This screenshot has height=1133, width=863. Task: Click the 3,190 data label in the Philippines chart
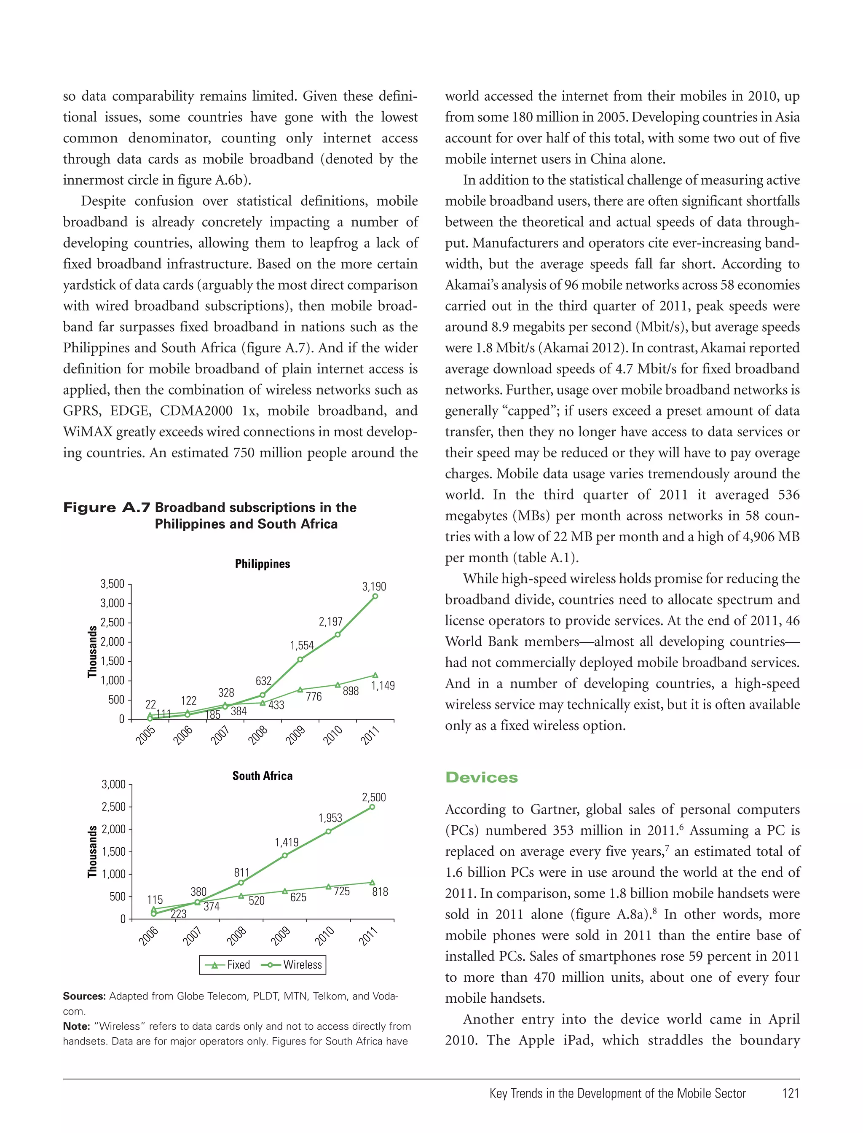pyautogui.click(x=374, y=586)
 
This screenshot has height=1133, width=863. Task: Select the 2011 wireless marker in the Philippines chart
pyautogui.click(x=375, y=596)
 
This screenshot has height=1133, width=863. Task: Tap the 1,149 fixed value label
pyautogui.click(x=383, y=685)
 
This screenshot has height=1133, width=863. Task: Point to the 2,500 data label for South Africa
pyautogui.click(x=373, y=797)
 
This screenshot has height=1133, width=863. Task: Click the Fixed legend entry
pyautogui.click(x=228, y=964)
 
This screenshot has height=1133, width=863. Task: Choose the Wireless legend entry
pyautogui.click(x=293, y=964)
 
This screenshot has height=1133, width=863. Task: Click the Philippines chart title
pyautogui.click(x=263, y=564)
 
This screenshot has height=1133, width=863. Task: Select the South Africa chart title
pyautogui.click(x=262, y=776)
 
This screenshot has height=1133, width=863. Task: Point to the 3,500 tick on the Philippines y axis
pyautogui.click(x=112, y=584)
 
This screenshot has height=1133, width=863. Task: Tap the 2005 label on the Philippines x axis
pyautogui.click(x=145, y=735)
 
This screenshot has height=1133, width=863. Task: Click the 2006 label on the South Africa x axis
pyautogui.click(x=148, y=936)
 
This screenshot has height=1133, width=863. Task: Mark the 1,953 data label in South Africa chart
pyautogui.click(x=330, y=818)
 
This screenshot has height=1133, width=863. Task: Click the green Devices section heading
pyautogui.click(x=481, y=777)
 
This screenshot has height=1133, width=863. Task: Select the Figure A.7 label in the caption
pyautogui.click(x=106, y=507)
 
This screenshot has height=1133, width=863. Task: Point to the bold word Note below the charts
pyautogui.click(x=76, y=1026)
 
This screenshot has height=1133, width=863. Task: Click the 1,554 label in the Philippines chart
pyautogui.click(x=302, y=645)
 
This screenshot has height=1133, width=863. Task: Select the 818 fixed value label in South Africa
pyautogui.click(x=380, y=891)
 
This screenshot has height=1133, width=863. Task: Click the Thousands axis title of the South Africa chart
pyautogui.click(x=92, y=851)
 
